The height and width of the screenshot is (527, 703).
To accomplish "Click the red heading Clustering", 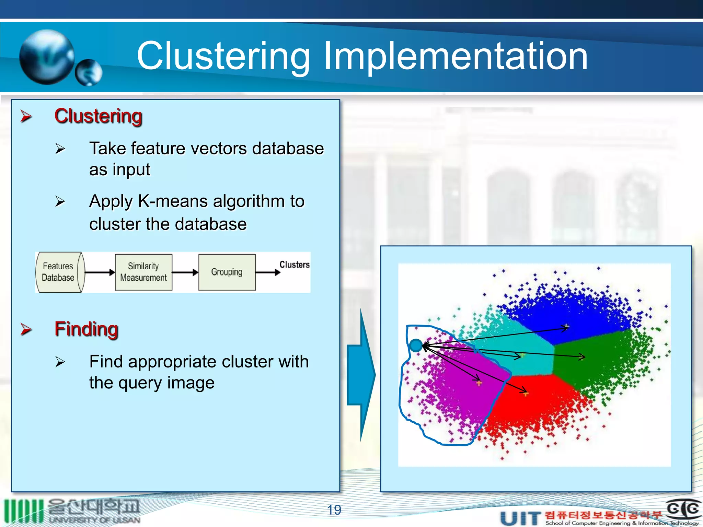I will click(x=98, y=116).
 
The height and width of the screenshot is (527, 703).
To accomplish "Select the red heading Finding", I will click(x=87, y=329).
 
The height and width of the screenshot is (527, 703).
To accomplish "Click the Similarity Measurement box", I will click(x=143, y=272).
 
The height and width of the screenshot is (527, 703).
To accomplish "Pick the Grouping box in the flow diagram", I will click(x=227, y=272).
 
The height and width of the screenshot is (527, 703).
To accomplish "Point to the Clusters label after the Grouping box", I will click(x=294, y=265).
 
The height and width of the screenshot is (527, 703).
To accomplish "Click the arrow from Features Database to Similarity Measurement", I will click(x=100, y=272).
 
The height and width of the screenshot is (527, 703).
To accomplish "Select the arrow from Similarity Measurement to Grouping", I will click(x=185, y=272).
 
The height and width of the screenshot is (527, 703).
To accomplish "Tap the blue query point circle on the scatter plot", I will click(x=416, y=345).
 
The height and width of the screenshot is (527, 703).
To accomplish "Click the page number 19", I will click(x=334, y=510).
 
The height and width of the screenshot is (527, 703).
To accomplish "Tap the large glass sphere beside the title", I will click(x=47, y=57).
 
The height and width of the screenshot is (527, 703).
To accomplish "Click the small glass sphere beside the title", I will click(x=89, y=72).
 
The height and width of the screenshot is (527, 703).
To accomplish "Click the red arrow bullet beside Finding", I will click(x=26, y=329).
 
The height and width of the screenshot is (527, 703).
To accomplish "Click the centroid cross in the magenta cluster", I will click(x=479, y=383).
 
